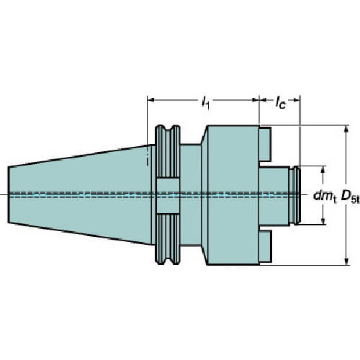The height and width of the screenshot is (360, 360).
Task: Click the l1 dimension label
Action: [205, 102]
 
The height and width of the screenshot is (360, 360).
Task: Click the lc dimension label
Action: [280, 102]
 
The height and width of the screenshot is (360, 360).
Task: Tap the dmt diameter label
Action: [325, 196]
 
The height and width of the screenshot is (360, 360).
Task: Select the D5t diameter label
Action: [351, 197]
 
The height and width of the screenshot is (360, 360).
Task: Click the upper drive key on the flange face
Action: [266, 144]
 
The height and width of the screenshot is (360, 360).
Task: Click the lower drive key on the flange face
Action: [266, 246]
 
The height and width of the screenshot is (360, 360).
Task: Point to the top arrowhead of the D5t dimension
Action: [346, 130]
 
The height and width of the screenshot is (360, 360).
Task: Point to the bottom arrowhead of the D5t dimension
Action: [346, 261]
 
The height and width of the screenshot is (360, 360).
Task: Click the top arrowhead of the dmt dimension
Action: [323, 170]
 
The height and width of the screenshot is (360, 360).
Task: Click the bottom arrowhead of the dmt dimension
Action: [323, 220]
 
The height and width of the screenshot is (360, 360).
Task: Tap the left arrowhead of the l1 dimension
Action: [150, 99]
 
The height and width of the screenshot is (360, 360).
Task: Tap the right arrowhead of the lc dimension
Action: [296, 99]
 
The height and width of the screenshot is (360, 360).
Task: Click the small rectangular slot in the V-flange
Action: [168, 196]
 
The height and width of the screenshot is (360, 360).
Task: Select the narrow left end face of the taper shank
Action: [9, 194]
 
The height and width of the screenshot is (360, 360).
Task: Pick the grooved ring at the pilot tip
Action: [297, 195]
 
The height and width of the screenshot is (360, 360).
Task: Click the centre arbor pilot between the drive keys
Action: [274, 196]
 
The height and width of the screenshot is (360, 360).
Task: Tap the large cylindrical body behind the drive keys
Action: [233, 195]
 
